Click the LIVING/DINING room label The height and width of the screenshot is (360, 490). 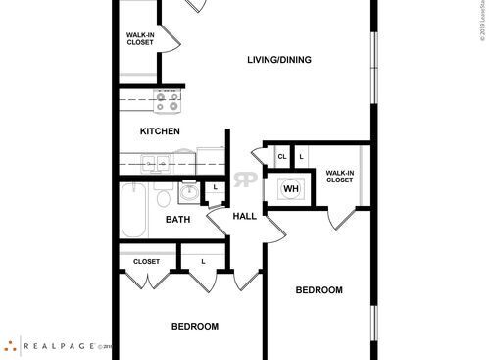coord(278,60)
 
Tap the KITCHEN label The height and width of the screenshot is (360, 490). coord(160,130)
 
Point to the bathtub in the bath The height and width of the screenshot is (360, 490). coord(131,209)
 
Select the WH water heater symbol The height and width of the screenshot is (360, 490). coord(291,188)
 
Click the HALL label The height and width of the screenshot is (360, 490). coord(244,216)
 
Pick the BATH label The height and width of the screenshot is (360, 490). coord(177,220)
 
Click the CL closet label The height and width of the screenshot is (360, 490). coord(281,156)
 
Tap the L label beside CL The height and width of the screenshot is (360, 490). coord(301,156)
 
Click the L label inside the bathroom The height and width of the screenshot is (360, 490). coord(214,186)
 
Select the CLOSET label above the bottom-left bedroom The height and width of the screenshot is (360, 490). coord(146,262)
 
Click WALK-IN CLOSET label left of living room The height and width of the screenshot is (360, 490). coord(139,39)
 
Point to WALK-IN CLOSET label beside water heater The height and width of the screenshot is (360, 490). coord(339,176)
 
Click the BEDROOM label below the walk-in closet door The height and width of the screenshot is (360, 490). coord(319,289)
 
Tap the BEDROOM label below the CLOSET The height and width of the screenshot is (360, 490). coord(194,326)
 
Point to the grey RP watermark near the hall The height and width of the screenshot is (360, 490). coord(245,180)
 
